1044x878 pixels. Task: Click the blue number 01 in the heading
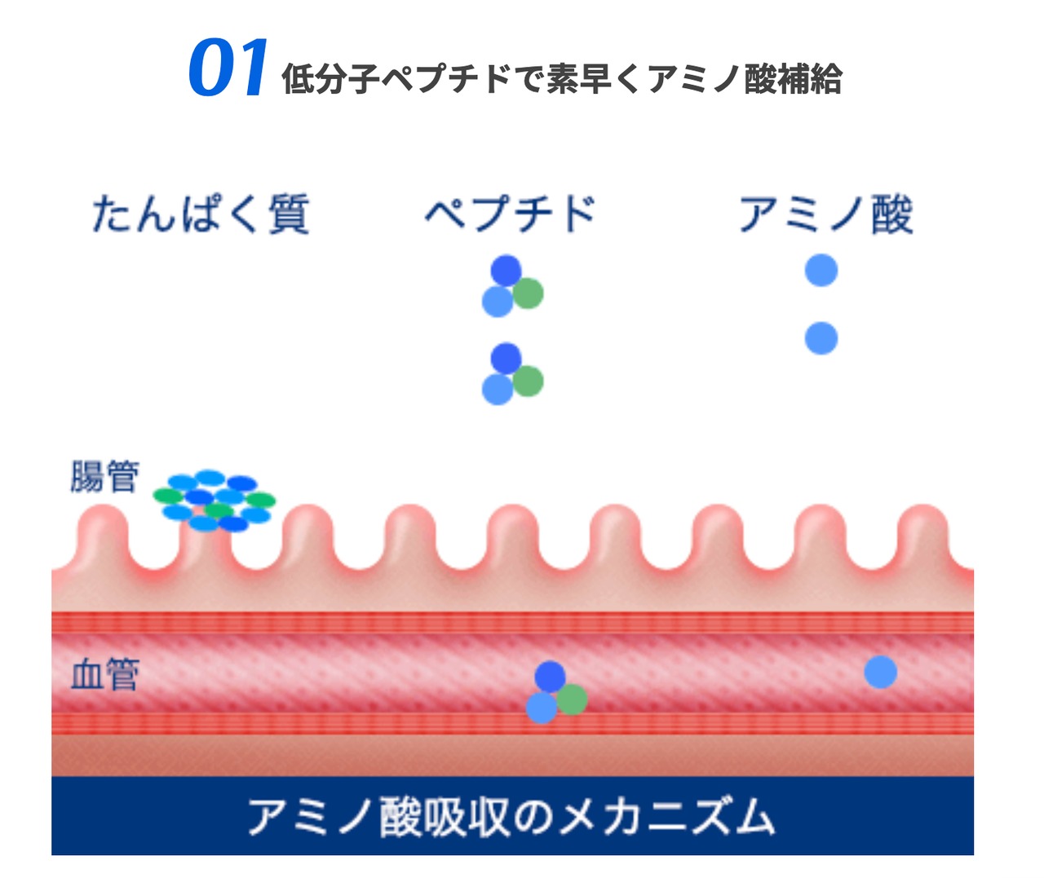point(228,68)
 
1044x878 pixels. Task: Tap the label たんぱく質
point(201,214)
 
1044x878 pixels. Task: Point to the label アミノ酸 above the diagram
point(825,214)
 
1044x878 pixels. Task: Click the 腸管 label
point(104,477)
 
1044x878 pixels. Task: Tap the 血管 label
point(104,675)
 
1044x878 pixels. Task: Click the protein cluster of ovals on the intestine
point(215,501)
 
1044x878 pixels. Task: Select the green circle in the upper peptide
point(529,293)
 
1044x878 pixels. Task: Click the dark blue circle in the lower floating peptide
point(507,358)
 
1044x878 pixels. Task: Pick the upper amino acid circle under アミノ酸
point(821,271)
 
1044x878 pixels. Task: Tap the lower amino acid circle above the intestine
point(821,338)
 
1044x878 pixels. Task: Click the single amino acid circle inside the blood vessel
point(881,673)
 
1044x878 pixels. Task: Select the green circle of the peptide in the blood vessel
point(573,699)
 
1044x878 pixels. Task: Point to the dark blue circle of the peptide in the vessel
point(551,677)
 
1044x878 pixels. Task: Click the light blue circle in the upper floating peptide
point(498,302)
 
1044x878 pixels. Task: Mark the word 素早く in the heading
point(599,80)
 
